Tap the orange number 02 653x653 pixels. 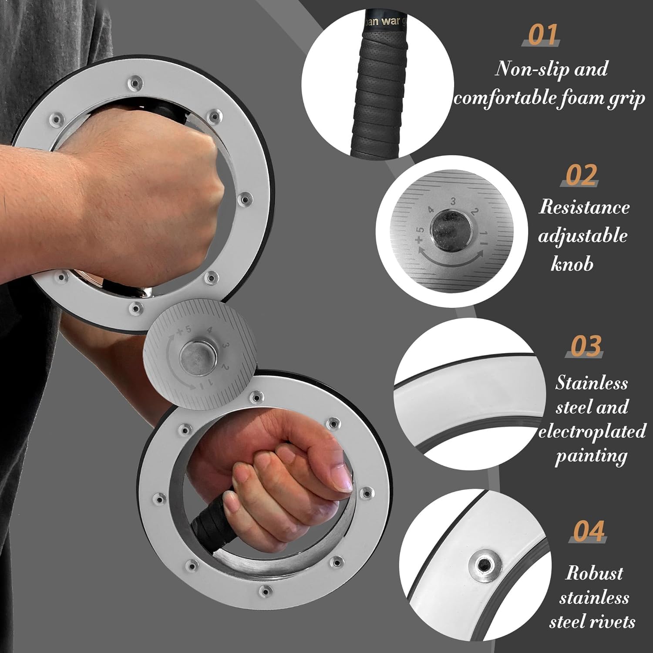click(x=581, y=175)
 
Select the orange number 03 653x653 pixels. click(x=586, y=346)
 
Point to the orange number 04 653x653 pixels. click(x=589, y=531)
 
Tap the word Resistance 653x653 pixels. click(x=584, y=207)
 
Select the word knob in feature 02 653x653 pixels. click(x=572, y=264)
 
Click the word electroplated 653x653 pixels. click(x=592, y=432)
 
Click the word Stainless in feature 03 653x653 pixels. click(x=591, y=383)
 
